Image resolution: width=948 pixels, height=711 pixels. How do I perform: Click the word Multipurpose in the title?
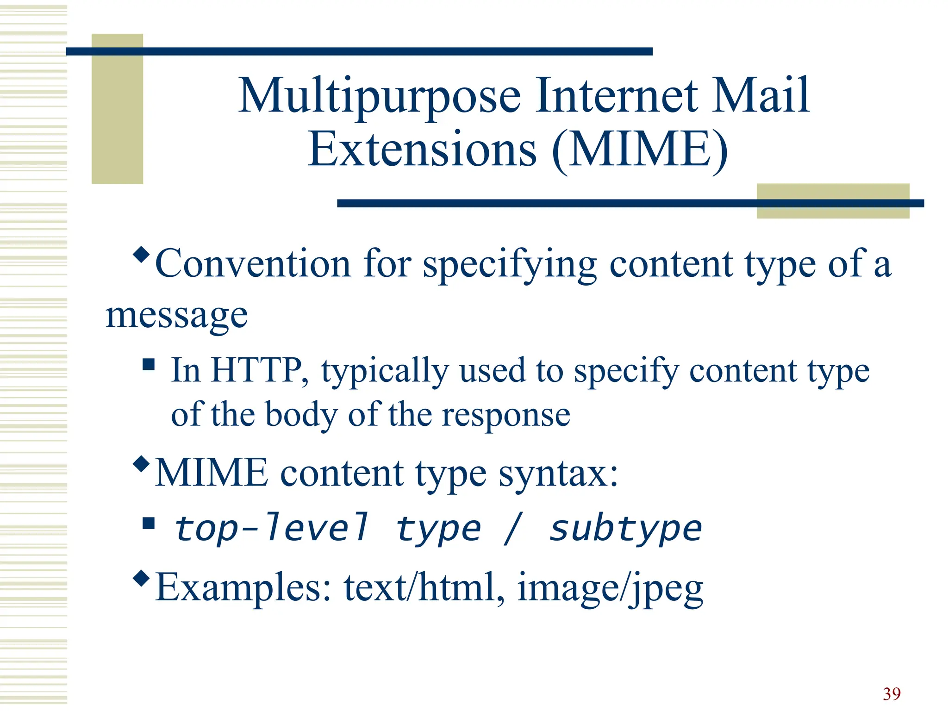[x=380, y=96]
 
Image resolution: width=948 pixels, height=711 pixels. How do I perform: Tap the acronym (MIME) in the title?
[x=640, y=150]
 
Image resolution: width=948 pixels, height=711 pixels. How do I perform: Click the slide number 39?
[x=892, y=694]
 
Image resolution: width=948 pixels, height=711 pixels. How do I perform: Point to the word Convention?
[x=253, y=264]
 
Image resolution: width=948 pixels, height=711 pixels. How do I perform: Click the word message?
[x=177, y=316]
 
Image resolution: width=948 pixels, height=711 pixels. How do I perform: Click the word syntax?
[x=558, y=473]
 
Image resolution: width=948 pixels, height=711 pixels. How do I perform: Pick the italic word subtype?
[x=625, y=529]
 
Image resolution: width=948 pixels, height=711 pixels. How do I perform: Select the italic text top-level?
[x=272, y=529]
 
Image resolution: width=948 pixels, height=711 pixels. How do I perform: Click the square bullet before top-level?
[x=149, y=523]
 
